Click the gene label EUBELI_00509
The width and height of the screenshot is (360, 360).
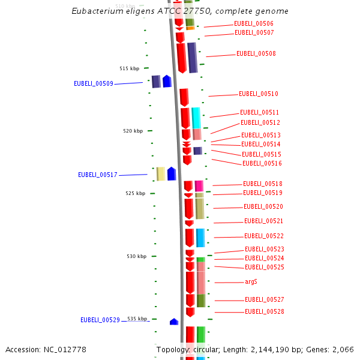coord(93,83)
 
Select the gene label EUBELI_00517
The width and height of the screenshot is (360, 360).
coord(97,175)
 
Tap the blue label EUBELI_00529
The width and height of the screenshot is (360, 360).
coord(100,320)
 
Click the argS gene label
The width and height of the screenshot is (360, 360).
coord(251,282)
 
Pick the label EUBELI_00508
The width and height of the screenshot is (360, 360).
coord(256,54)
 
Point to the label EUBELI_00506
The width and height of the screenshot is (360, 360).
coord(253,24)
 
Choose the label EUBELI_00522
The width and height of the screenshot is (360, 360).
coord(263,236)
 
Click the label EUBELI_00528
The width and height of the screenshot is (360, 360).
coord(264,312)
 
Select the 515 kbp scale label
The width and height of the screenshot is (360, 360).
coord(129,68)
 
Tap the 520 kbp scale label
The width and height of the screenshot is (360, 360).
coord(133,131)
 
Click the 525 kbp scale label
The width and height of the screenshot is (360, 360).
coord(135,193)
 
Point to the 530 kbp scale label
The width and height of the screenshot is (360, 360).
coord(136,256)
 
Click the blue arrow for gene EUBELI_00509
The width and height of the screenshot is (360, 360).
coord(167,82)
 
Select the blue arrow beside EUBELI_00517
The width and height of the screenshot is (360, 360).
coord(172,174)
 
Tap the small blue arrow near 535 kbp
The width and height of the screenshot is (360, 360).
coord(174,322)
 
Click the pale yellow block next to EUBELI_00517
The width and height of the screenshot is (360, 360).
coord(161,174)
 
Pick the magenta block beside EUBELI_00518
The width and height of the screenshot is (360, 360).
coord(199,186)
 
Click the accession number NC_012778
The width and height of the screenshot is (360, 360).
coord(65,350)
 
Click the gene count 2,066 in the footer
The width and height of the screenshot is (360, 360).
coord(341,350)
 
